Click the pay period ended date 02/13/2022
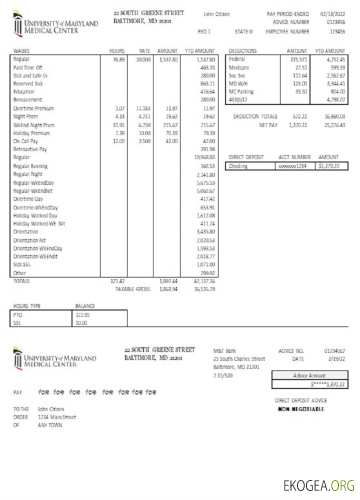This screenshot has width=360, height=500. pyautogui.click(x=333, y=14)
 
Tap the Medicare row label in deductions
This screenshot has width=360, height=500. pyautogui.click(x=238, y=67)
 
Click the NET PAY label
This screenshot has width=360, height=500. pyautogui.click(x=268, y=125)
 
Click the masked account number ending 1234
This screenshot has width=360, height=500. pyautogui.click(x=294, y=166)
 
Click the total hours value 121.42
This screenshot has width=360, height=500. pyautogui.click(x=117, y=281)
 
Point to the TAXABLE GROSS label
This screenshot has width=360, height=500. pyautogui.click(x=132, y=289)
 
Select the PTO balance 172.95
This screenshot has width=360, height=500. pyautogui.click(x=82, y=315)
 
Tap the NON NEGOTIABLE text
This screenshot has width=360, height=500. pyautogui.click(x=301, y=409)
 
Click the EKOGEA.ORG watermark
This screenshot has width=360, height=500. pyautogui.click(x=318, y=485)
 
